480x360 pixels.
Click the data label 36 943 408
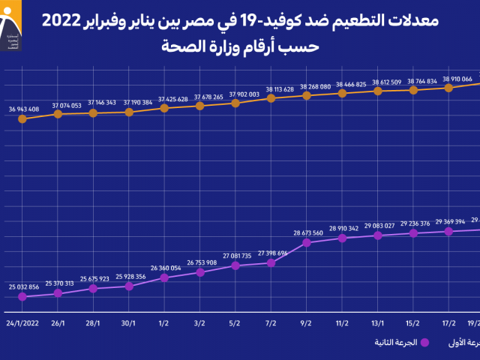(x=24, y=109)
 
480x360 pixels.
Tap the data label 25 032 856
(x=24, y=287)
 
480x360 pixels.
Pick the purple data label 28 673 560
(x=308, y=233)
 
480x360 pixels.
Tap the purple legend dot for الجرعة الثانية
(x=424, y=342)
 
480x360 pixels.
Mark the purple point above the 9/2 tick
(x=307, y=243)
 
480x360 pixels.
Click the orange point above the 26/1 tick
(x=58, y=114)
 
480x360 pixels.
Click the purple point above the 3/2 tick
(x=200, y=271)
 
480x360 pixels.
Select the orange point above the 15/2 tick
(x=413, y=90)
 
